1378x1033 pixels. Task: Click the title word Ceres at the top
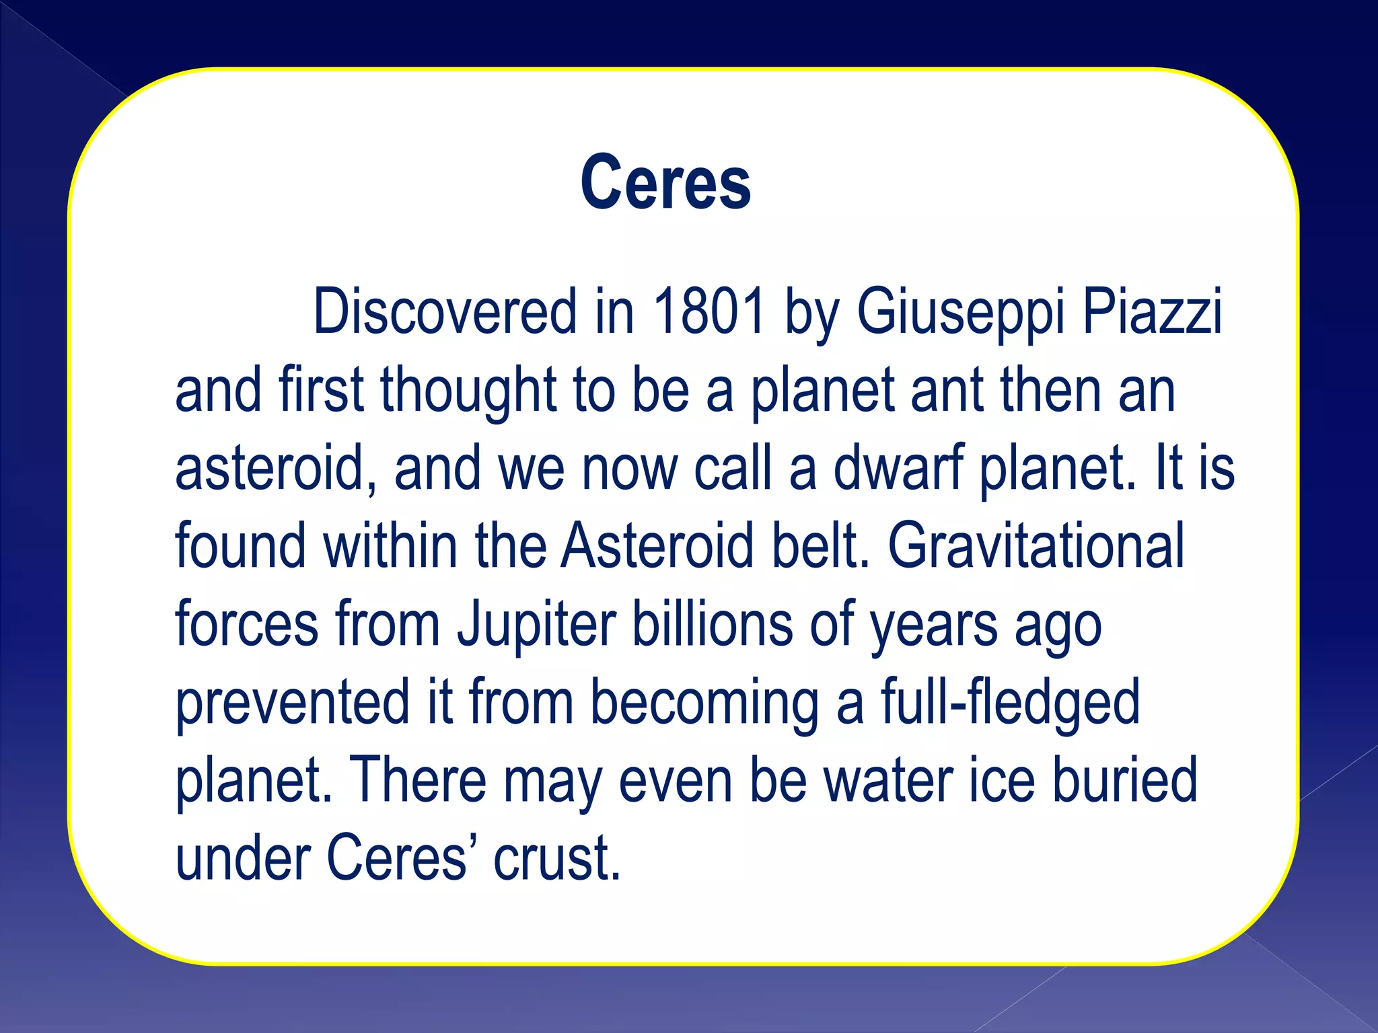[x=665, y=183]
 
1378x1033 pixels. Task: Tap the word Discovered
[x=445, y=311]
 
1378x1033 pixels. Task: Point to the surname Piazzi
[x=1151, y=312]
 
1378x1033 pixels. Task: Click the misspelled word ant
[x=947, y=390]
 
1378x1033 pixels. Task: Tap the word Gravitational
[x=1036, y=545]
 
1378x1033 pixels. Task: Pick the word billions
[x=712, y=623]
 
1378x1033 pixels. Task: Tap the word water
[x=887, y=780]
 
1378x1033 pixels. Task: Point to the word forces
[x=247, y=623]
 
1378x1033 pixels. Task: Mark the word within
[x=390, y=545]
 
